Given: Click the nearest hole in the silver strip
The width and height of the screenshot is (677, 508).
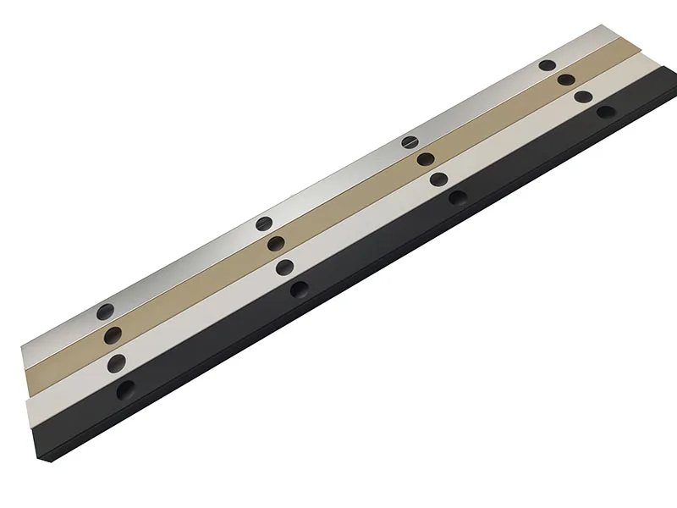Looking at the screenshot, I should pyautogui.click(x=104, y=311).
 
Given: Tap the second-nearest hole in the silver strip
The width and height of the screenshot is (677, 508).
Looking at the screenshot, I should pyautogui.click(x=262, y=224).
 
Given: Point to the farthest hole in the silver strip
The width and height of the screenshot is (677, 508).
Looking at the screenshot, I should pyautogui.click(x=548, y=65).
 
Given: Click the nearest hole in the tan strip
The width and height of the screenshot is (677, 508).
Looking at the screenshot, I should pyautogui.click(x=111, y=335).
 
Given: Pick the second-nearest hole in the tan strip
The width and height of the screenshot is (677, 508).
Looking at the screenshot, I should pyautogui.click(x=274, y=244).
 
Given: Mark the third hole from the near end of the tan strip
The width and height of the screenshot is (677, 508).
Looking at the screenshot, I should pyautogui.click(x=426, y=159).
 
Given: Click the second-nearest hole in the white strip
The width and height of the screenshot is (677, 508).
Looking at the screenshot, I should pyautogui.click(x=285, y=266).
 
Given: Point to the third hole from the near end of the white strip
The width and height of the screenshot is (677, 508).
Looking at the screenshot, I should pyautogui.click(x=438, y=179).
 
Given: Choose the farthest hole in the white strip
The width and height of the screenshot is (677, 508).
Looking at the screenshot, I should pyautogui.click(x=582, y=97).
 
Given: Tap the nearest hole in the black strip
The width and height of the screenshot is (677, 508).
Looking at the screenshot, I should pyautogui.click(x=126, y=389).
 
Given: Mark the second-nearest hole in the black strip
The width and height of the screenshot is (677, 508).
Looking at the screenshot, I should pyautogui.click(x=299, y=289).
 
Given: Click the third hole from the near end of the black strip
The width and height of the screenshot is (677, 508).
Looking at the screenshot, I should pyautogui.click(x=458, y=197).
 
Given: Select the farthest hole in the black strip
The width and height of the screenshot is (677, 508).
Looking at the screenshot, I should pyautogui.click(x=605, y=111).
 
